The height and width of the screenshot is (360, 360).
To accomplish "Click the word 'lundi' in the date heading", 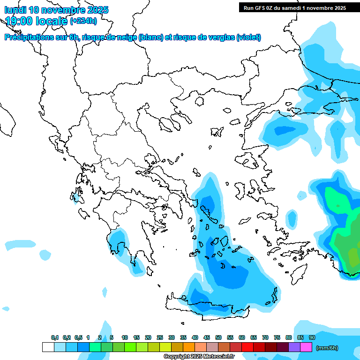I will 15,10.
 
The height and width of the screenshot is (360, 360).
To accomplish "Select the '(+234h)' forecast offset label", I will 83,21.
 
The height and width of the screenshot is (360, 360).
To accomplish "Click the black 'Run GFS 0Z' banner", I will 294,7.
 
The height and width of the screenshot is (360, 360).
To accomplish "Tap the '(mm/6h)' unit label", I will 327,348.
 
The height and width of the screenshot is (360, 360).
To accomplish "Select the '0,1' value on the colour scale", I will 54,337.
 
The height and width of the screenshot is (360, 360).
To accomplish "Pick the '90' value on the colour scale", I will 312,337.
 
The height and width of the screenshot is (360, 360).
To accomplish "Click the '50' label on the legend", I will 218,337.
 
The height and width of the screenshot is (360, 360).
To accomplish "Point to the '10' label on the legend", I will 125,337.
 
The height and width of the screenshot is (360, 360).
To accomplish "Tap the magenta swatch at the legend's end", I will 306,347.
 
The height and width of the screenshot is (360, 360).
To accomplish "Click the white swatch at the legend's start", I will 48,347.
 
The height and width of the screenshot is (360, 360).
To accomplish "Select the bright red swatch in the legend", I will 247,347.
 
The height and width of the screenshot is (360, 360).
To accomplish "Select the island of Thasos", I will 199,101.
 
